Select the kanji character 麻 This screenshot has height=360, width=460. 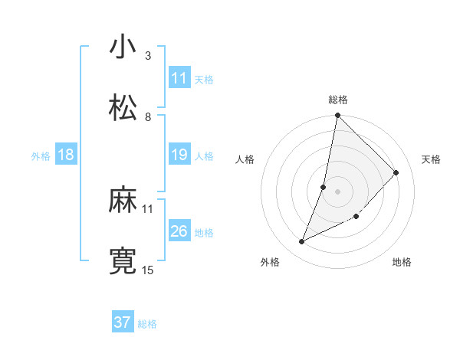pos(123,201)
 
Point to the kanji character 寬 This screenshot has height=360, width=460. pos(123,261)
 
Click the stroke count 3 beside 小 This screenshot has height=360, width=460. pos(148,56)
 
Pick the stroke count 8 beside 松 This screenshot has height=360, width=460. pos(148,117)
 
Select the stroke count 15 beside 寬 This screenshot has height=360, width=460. pos(148,270)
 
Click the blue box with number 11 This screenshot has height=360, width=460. pos(179,78)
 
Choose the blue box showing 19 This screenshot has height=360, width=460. pos(179,155)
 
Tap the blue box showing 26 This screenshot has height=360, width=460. pos(179,231)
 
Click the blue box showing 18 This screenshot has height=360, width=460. pos(66,155)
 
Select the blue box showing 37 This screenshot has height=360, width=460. pos(123,322)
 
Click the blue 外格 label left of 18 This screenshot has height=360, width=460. pos(41,156)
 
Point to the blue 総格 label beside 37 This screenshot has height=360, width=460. pos(147,324)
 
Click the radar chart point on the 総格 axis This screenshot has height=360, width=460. pos(337,116)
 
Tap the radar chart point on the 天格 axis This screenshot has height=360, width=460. pos(396,172)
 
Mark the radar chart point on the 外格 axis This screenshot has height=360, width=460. pos(302,242)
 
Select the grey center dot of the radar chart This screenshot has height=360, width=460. pos(337,191)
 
